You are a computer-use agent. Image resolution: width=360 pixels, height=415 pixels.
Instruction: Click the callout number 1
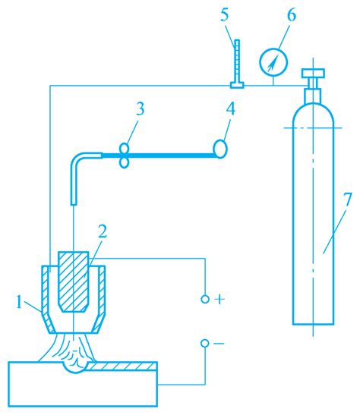tap(18, 302)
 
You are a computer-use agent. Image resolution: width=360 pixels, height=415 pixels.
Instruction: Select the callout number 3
tap(141, 109)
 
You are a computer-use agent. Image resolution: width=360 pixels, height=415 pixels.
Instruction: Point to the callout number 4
tap(230, 109)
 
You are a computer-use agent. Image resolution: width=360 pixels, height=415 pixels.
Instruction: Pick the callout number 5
tap(224, 15)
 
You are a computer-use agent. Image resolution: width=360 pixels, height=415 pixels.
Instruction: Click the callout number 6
tap(291, 15)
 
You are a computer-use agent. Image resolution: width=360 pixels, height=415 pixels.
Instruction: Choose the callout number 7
tap(348, 200)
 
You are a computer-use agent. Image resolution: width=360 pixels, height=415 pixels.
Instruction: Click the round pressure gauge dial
tap(273, 62)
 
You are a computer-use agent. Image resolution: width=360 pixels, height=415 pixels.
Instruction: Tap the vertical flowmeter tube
tap(237, 61)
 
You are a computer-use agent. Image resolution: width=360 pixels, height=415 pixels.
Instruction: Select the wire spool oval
tap(220, 149)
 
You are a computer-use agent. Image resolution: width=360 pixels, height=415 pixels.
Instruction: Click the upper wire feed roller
tap(125, 148)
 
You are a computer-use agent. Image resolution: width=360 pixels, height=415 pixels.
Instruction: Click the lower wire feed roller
tap(125, 163)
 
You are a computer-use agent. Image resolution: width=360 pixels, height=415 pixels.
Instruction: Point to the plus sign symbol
tap(219, 300)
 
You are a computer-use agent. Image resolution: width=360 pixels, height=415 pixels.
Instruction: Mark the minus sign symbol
tap(219, 344)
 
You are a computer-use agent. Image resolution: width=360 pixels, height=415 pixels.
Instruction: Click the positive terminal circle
tap(205, 300)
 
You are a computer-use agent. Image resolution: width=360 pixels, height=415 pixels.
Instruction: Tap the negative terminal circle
tap(205, 344)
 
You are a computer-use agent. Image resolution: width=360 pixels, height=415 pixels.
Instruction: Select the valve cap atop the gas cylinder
tap(313, 73)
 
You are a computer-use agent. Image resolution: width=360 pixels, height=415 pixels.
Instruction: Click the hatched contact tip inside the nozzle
tap(73, 281)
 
